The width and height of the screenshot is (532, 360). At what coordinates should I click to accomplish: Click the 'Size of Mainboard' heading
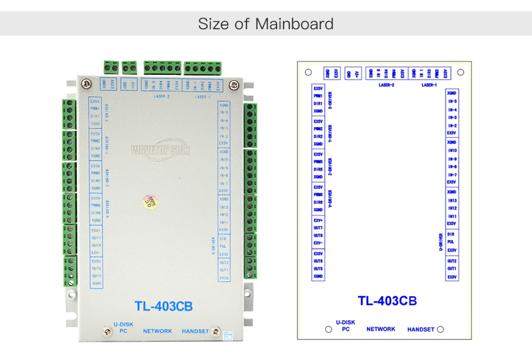pyautogui.click(x=265, y=24)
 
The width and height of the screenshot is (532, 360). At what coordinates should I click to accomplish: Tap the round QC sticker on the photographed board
pyautogui.click(x=149, y=203)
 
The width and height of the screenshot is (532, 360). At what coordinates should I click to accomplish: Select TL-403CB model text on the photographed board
pyautogui.click(x=163, y=306)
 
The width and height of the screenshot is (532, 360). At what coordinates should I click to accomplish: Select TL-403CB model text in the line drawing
pyautogui.click(x=387, y=301)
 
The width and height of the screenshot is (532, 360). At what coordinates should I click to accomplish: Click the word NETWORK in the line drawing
pyautogui.click(x=381, y=329)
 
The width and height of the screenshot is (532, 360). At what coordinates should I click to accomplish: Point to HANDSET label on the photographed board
pyautogui.click(x=195, y=331)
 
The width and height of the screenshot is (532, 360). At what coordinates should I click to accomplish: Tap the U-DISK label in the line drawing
pyautogui.click(x=346, y=322)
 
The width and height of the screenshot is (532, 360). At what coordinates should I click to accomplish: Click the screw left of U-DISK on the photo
pyautogui.click(x=108, y=331)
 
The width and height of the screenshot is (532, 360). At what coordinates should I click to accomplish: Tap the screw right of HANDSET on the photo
pyautogui.click(x=215, y=331)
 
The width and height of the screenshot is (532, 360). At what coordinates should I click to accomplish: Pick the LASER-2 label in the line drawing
pyautogui.click(x=386, y=85)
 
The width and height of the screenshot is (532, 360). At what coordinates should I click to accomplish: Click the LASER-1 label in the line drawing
pyautogui.click(x=429, y=85)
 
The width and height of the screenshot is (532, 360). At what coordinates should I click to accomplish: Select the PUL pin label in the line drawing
pyautogui.click(x=451, y=242)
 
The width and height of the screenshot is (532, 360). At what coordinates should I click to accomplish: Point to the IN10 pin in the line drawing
pyautogui.click(x=452, y=150)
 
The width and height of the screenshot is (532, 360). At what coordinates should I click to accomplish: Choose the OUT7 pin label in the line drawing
pyautogui.click(x=318, y=228)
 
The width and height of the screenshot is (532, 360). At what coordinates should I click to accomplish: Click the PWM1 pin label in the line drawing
pyautogui.click(x=318, y=96)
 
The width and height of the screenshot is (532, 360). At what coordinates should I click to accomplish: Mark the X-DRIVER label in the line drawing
pyautogui.click(x=330, y=99)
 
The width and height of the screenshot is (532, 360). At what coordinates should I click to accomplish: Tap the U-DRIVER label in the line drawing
pyautogui.click(x=440, y=242)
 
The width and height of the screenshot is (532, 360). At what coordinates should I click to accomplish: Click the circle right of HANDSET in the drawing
pyautogui.click(x=440, y=330)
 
